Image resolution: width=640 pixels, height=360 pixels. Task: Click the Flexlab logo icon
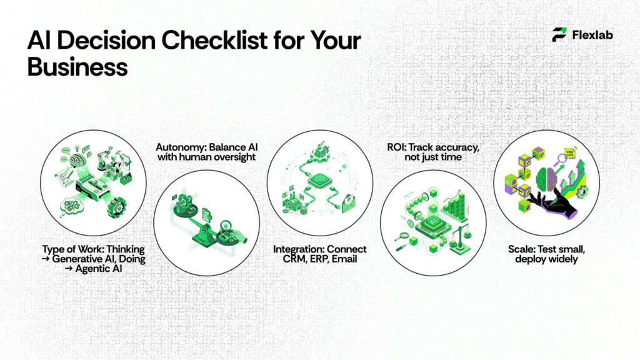pos(559,35)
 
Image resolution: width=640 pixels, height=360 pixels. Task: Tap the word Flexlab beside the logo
pos(592,35)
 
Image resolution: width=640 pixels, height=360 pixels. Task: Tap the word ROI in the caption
pos(395,147)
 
